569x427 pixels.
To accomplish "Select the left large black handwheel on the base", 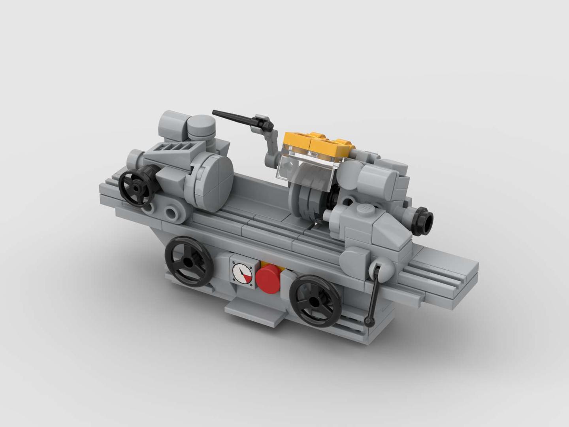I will click(x=189, y=261).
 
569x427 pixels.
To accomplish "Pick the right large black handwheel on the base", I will click(x=315, y=300).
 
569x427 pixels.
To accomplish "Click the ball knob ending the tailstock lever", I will click(x=370, y=323).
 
